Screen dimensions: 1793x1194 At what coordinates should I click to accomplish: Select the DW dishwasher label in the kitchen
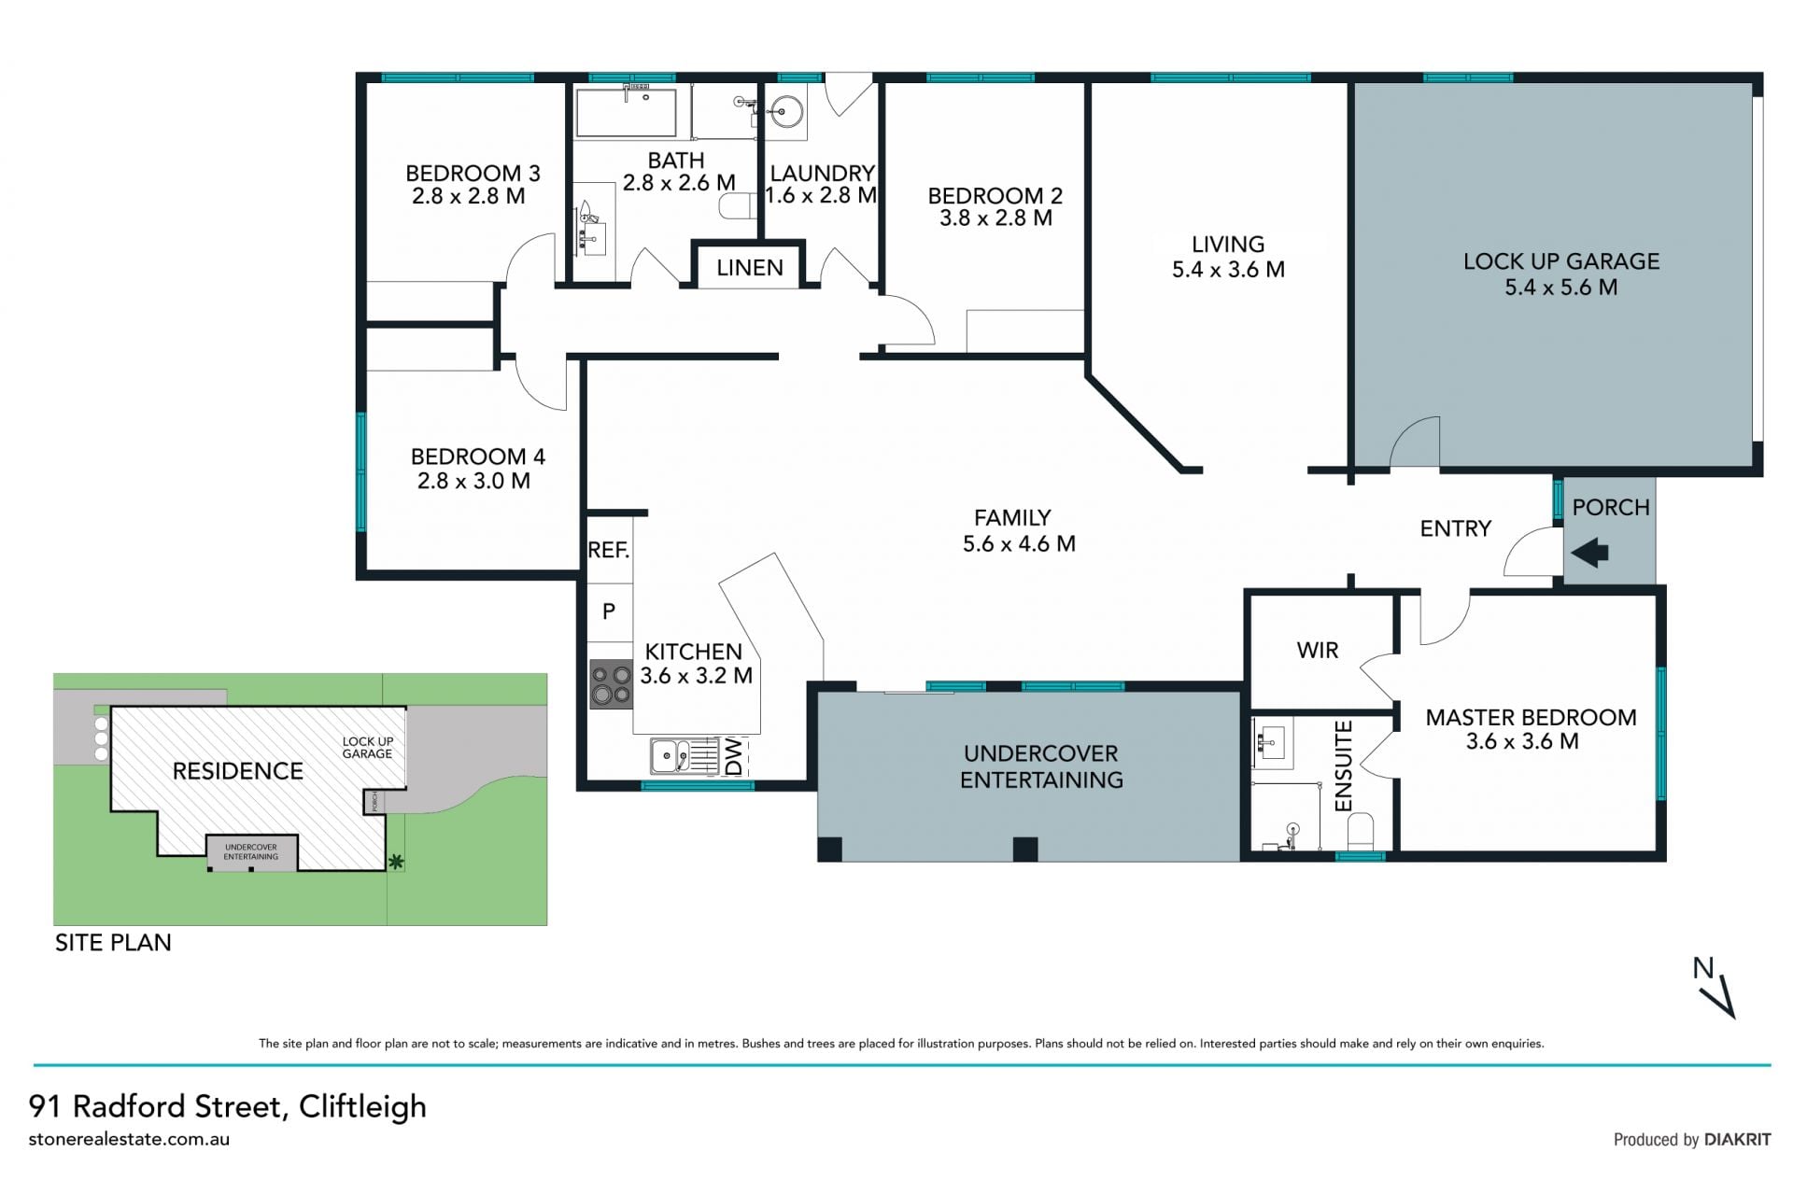(733, 756)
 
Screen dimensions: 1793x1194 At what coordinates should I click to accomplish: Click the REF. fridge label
(609, 551)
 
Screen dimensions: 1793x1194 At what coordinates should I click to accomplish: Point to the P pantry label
(609, 611)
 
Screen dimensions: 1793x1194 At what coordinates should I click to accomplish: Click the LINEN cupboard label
(750, 268)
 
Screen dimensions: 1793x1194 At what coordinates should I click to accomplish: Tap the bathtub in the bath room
(626, 113)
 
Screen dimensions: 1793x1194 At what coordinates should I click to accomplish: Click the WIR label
(1318, 650)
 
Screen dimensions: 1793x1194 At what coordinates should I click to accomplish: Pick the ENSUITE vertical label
(1344, 766)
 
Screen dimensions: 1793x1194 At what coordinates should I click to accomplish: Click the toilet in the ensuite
(1361, 832)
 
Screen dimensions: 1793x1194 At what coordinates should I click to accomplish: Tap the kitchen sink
(671, 756)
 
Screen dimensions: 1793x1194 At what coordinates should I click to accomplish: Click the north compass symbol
(1715, 987)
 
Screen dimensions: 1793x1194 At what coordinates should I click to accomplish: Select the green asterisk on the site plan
(396, 861)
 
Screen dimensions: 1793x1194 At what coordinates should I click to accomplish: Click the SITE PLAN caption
(113, 943)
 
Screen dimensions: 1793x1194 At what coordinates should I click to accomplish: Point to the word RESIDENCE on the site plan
(238, 771)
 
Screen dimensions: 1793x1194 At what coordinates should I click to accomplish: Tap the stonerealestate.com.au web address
(129, 1139)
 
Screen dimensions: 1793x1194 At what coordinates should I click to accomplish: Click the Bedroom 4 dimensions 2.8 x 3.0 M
(473, 482)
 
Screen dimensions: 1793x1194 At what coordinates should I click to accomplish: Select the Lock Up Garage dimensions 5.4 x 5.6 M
(1560, 288)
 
